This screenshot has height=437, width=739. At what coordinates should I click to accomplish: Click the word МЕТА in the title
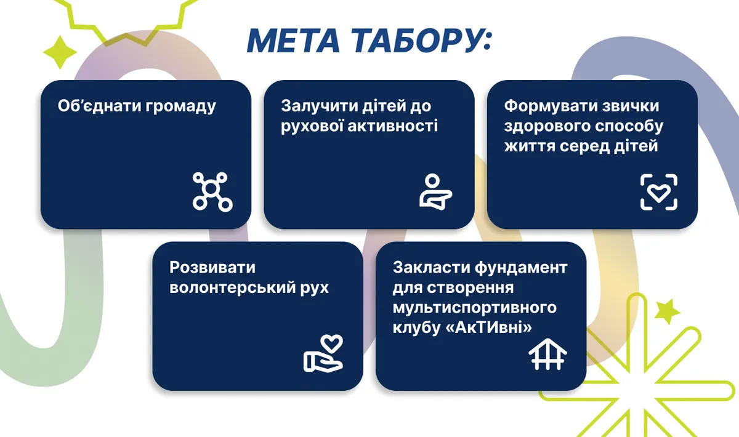coord(294,41)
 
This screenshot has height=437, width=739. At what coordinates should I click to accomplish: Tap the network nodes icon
coord(213,191)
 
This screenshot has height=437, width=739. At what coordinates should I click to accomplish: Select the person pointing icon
coord(435,191)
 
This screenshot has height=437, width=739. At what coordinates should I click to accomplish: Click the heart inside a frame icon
coord(659,192)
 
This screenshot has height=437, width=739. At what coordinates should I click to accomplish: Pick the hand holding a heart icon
coord(324,353)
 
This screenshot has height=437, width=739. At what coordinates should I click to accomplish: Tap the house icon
coord(547,354)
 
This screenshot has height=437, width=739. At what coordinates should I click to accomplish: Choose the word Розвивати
coord(212,268)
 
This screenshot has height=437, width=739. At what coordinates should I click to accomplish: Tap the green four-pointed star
coord(60,52)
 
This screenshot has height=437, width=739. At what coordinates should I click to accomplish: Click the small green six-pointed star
coord(667,311)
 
